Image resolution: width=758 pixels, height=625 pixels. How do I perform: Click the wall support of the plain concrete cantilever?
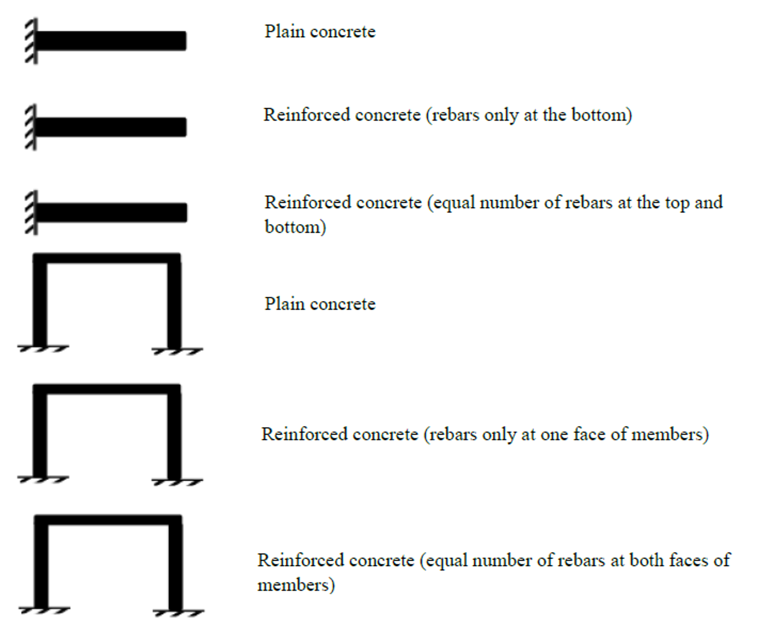pos(31,41)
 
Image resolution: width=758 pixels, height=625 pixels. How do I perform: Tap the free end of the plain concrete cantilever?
pos(186,41)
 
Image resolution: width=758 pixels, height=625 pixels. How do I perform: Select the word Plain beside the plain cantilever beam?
pos(285,32)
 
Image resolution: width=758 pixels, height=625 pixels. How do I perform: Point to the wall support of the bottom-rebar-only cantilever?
pos(31,127)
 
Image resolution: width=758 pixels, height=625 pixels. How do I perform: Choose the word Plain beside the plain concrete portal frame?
pos(285,304)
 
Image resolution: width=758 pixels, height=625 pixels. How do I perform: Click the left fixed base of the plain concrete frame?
pos(43,348)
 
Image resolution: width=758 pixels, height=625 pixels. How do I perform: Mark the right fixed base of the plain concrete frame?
pos(177,351)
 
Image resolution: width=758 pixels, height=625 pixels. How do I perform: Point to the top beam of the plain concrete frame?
pos(107,258)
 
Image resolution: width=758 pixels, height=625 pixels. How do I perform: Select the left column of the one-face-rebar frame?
pos(40,432)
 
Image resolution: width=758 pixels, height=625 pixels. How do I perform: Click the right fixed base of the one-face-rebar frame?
pos(177,482)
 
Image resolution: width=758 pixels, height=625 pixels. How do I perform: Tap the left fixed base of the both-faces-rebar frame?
pos(44,610)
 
